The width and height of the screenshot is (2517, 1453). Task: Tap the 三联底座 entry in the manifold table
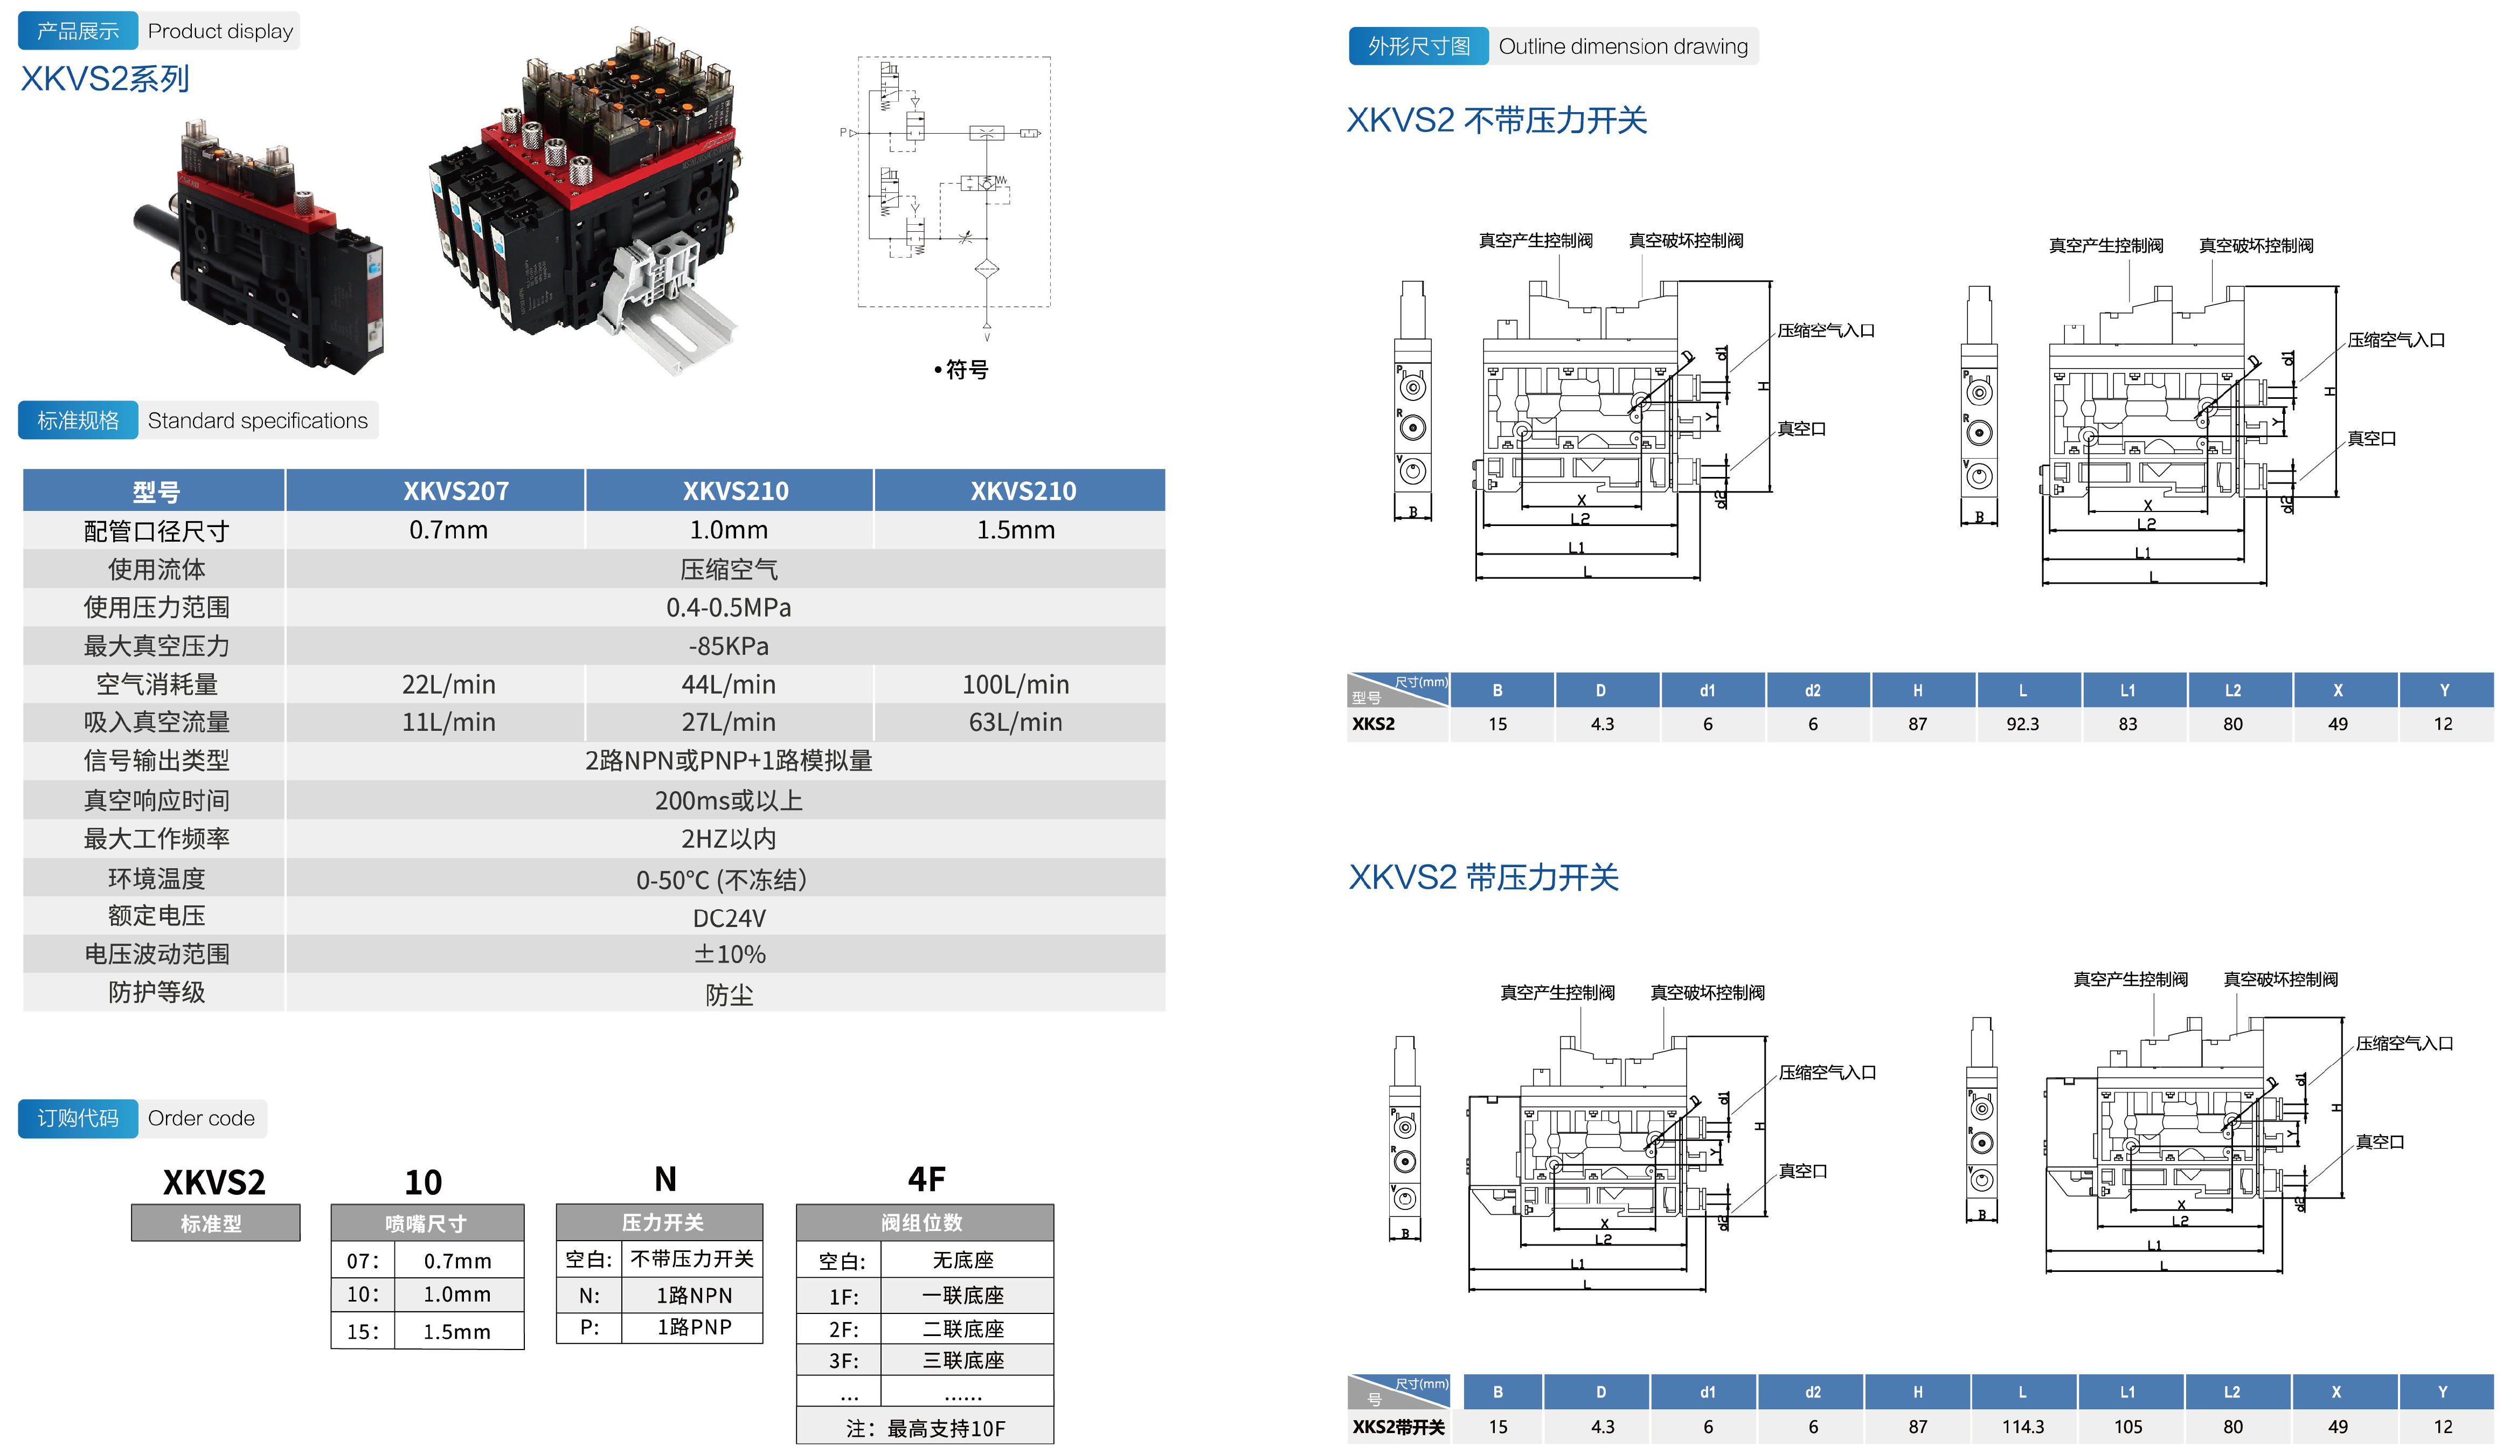coord(963,1360)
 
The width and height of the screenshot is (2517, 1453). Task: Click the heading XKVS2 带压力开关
coord(1483,878)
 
